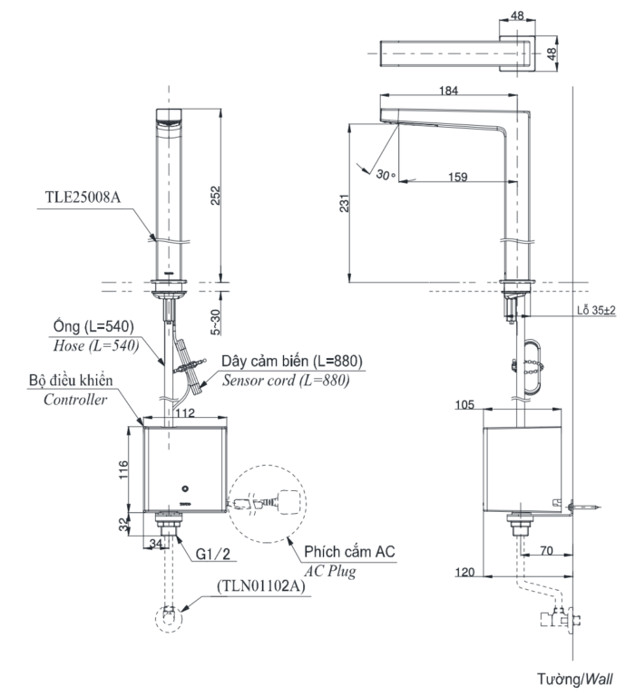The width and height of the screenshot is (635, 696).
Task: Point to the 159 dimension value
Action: coord(457,177)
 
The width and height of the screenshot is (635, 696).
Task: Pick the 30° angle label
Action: coord(386,174)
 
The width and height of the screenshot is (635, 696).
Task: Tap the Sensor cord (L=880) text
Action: coord(286,380)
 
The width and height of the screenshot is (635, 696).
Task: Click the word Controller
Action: coord(75,399)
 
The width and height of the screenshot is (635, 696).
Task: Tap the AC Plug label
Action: coord(329,571)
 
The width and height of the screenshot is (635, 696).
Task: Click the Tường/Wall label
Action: coord(574,678)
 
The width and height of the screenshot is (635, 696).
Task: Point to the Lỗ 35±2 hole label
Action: coord(595,310)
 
